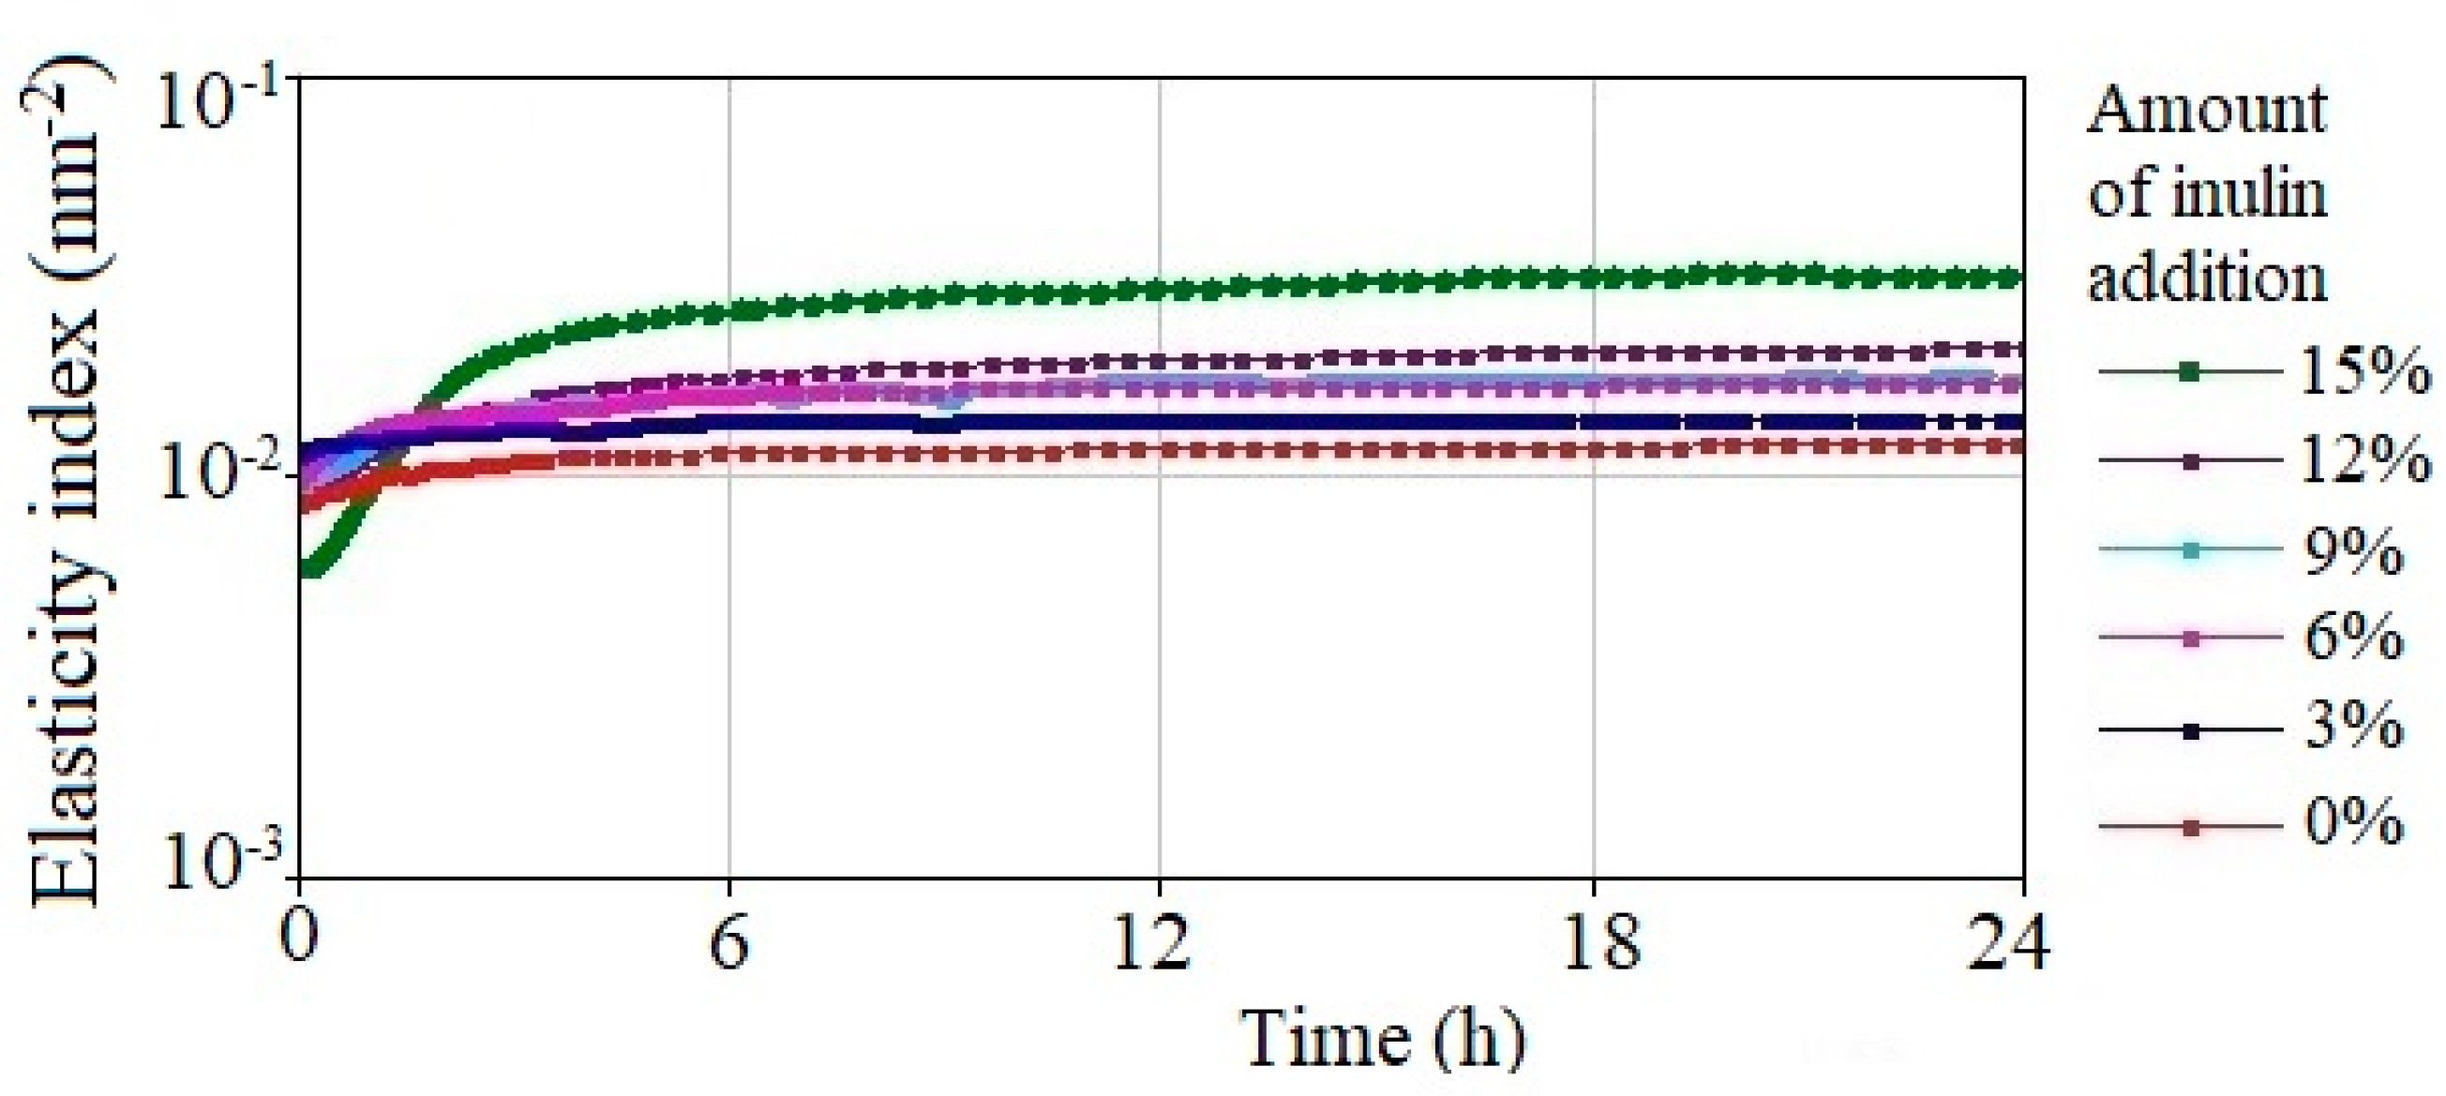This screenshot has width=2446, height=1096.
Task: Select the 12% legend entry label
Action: [2363, 461]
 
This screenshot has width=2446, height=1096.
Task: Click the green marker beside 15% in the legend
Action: [2191, 371]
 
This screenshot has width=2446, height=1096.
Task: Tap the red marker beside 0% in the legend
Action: [2191, 827]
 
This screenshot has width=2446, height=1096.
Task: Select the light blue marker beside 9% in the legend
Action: [2191, 551]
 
